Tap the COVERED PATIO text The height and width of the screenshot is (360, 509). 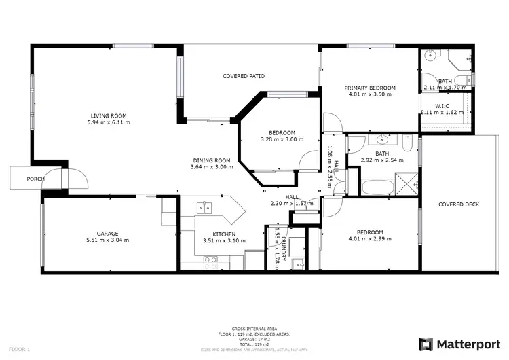(x=244, y=76)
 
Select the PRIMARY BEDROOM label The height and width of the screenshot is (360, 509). (x=369, y=88)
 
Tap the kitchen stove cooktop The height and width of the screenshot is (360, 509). (x=210, y=259)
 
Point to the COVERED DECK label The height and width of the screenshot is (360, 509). (x=459, y=204)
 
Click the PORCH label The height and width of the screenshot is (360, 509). (x=35, y=179)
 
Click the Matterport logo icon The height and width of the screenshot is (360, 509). (x=426, y=344)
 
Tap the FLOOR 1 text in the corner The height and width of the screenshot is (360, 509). (x=19, y=350)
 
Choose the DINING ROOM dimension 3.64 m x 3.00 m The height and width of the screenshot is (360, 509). (x=211, y=166)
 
